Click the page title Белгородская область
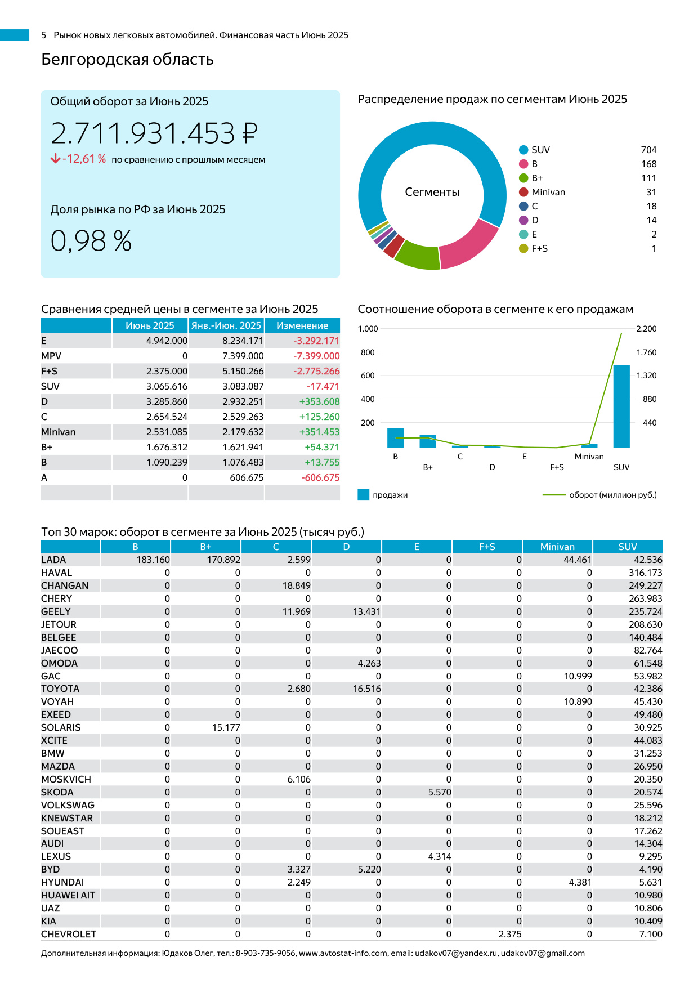tap(127, 59)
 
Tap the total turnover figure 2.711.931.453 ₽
tap(154, 133)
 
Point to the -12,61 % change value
tap(84, 159)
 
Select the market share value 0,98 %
tap(91, 241)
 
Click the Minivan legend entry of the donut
tap(548, 192)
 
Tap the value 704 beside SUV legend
tap(648, 150)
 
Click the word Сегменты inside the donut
tap(432, 192)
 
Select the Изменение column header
tap(302, 325)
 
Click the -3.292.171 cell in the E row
tap(316, 341)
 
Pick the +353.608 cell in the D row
tap(319, 401)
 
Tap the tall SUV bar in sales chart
tap(621, 406)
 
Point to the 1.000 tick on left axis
tap(368, 329)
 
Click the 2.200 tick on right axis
tap(646, 329)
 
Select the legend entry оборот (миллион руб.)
tap(612, 495)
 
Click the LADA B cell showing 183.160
tap(153, 560)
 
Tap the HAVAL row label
tap(56, 573)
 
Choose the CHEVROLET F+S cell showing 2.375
tap(510, 934)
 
